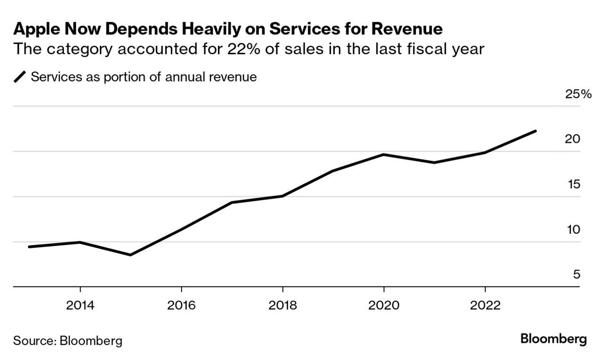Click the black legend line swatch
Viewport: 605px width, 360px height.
coord(20,77)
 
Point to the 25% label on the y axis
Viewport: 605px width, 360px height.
coord(578,94)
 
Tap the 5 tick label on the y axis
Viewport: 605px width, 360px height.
coord(576,275)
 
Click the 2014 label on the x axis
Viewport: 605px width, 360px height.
coord(81,305)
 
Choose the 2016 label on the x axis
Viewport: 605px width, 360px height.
coord(182,305)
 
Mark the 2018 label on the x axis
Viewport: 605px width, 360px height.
coord(282,305)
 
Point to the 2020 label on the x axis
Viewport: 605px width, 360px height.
coord(384,305)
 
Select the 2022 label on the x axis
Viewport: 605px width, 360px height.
coord(485,305)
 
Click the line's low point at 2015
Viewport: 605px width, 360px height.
coord(130,255)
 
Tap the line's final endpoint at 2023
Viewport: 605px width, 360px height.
coord(535,131)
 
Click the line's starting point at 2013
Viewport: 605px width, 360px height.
coord(29,246)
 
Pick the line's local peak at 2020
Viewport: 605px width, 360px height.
coord(384,155)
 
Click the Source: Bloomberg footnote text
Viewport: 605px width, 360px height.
coord(68,341)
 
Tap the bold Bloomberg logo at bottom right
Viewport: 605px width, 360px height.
coord(554,339)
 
